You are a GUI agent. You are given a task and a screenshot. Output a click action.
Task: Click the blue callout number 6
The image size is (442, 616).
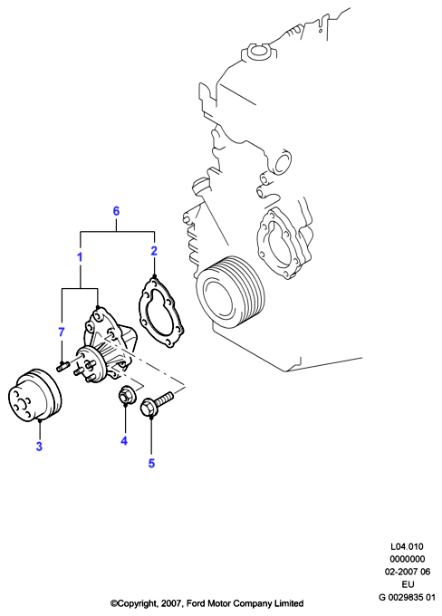[116, 211]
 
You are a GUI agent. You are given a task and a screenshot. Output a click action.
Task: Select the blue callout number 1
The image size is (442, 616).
[80, 257]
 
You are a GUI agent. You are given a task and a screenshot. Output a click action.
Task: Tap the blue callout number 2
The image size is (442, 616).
[154, 251]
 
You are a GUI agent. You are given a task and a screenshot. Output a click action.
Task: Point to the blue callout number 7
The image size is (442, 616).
[62, 332]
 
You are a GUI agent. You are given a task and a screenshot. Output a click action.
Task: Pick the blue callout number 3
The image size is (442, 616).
[39, 447]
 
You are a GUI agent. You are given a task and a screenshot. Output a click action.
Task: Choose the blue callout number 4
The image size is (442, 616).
[124, 441]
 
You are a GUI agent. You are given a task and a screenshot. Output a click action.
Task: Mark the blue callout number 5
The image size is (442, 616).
[151, 463]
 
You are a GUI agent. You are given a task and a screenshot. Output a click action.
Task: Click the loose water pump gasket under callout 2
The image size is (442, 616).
[161, 313]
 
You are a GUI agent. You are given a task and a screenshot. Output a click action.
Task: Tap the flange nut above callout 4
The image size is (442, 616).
[127, 395]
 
